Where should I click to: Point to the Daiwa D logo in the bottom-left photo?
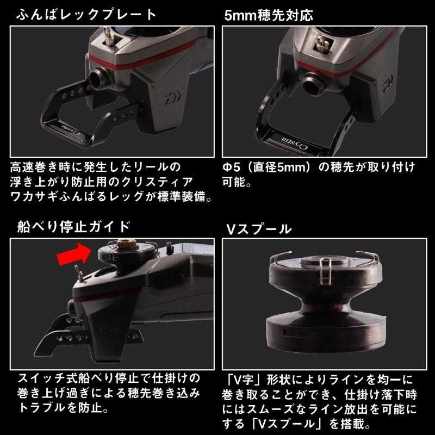click(x=105, y=331)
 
